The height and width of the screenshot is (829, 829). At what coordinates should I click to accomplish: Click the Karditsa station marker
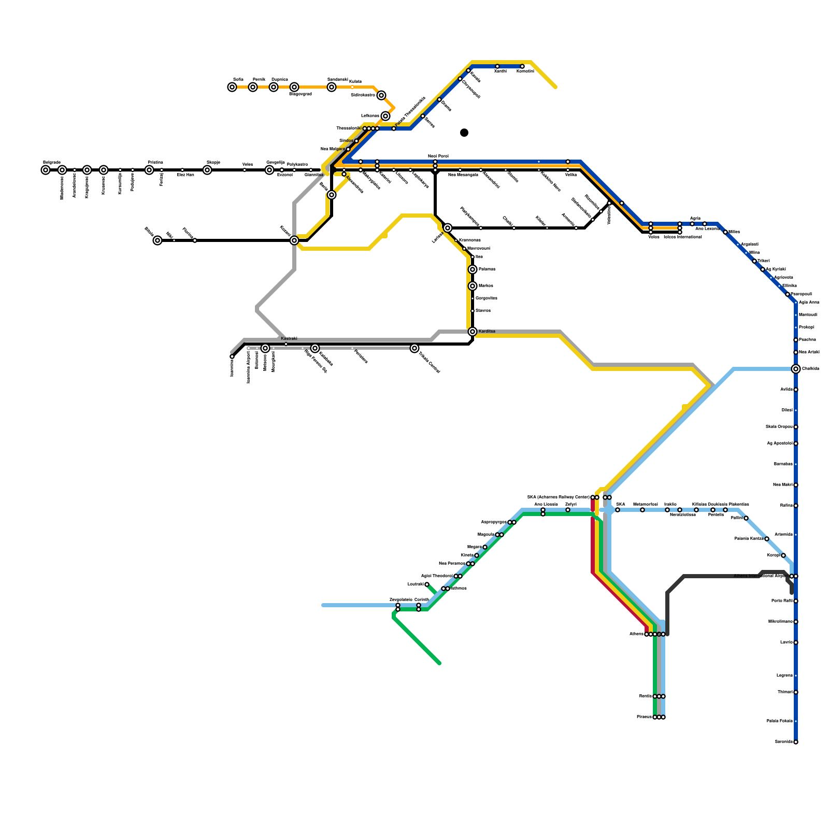(x=473, y=332)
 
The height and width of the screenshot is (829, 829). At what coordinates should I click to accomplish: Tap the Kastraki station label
(x=289, y=338)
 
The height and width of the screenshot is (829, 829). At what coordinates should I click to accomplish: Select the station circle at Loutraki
(x=427, y=584)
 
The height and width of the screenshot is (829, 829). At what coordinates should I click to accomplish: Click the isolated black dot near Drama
(x=464, y=133)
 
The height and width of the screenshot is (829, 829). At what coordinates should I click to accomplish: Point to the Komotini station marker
(x=522, y=66)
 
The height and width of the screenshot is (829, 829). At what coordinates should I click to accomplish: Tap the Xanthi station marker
(x=497, y=66)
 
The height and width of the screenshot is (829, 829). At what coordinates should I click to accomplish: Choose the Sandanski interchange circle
(x=332, y=87)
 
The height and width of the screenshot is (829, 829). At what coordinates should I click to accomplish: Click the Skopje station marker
(x=207, y=170)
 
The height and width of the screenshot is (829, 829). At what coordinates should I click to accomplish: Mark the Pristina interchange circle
(x=149, y=170)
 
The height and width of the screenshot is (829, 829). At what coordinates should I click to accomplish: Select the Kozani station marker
(x=294, y=240)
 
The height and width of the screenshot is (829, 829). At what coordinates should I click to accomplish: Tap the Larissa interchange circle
(x=448, y=228)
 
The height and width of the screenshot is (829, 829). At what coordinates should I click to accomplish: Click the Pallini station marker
(x=746, y=518)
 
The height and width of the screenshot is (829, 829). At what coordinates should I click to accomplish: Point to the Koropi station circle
(x=783, y=555)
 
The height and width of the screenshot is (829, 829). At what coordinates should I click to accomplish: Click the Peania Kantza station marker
(x=767, y=539)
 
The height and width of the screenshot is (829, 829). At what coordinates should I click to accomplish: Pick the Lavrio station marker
(x=796, y=642)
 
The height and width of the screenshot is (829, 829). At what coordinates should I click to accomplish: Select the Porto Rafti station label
(x=782, y=601)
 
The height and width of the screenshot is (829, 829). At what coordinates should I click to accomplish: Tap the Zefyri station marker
(x=568, y=510)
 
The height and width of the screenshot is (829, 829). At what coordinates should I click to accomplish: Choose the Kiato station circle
(x=477, y=555)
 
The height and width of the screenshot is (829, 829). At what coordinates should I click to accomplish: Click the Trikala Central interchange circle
(x=414, y=348)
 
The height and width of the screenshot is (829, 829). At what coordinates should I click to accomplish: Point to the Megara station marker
(x=485, y=547)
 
